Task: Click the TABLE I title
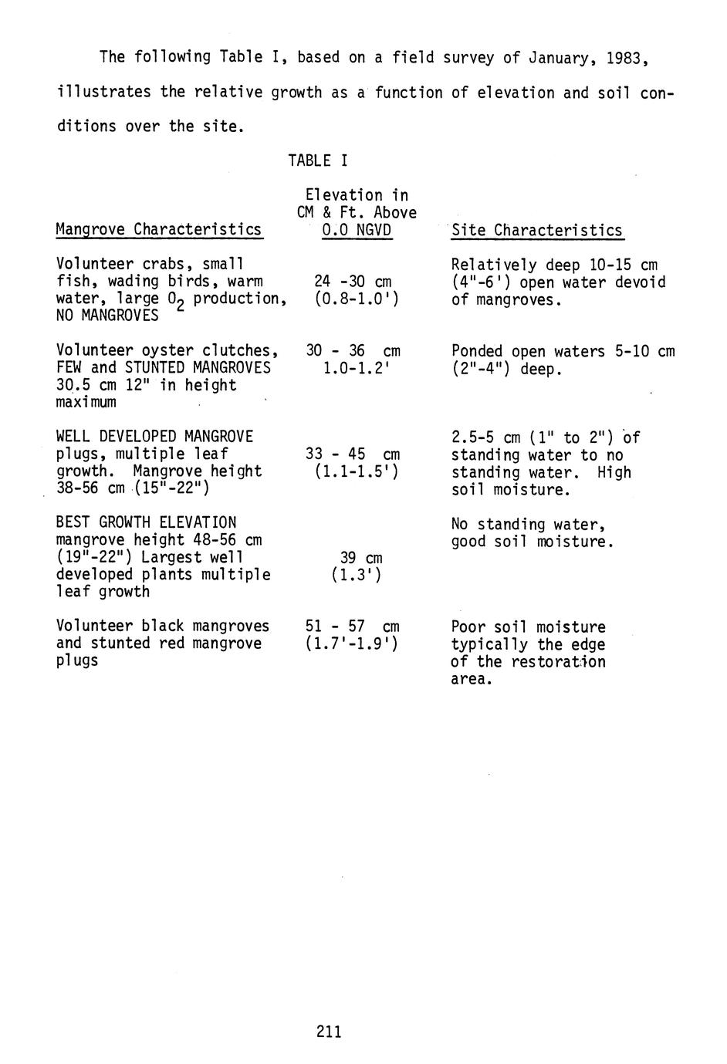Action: [317, 160]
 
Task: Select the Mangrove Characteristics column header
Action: [159, 230]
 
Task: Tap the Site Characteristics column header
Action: [537, 230]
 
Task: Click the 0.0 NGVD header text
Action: [357, 230]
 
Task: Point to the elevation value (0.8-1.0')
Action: [357, 299]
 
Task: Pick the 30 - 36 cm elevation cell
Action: [353, 350]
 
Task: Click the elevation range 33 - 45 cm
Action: [353, 454]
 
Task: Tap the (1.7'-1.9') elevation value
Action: [352, 643]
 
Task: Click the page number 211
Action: [329, 1031]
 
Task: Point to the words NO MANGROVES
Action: [107, 316]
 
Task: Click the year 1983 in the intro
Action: [623, 57]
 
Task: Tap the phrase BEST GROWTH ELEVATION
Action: [147, 522]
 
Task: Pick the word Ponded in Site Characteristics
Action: [477, 351]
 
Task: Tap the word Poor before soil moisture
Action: [468, 627]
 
